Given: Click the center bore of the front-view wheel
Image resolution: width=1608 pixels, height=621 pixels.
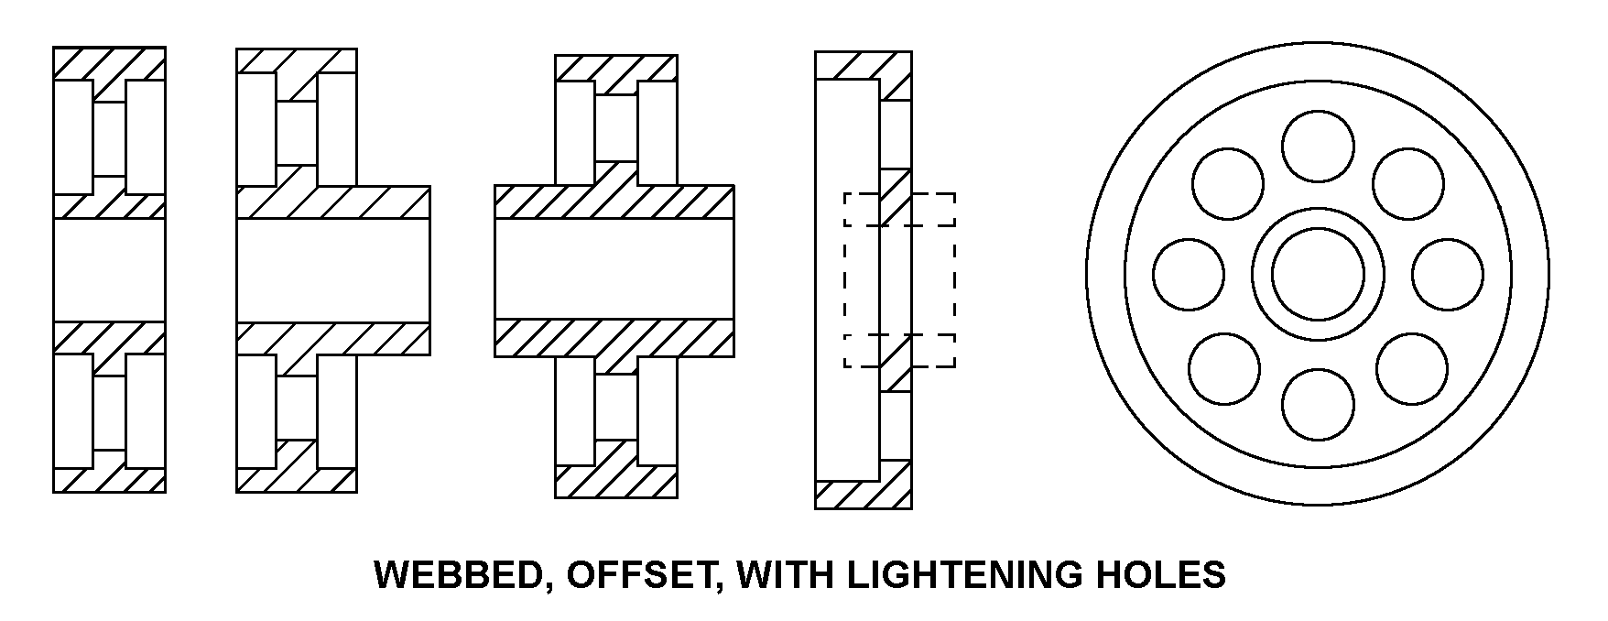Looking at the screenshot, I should [x=1318, y=274].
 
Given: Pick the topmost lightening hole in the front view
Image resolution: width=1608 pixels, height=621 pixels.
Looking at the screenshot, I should [x=1318, y=147].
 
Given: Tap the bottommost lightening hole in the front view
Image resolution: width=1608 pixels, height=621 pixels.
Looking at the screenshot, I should [x=1318, y=404].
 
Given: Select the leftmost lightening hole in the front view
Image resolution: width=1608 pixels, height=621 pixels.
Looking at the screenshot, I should [x=1189, y=274].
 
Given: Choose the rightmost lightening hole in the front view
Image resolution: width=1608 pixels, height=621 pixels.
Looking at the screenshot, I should [x=1448, y=274].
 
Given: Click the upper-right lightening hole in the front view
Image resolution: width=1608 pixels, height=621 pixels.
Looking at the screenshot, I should [x=1411, y=182].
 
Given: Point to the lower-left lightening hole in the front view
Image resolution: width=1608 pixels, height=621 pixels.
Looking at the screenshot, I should [x=1225, y=368].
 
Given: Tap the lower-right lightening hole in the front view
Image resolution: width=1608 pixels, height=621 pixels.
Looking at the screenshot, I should [x=1412, y=368].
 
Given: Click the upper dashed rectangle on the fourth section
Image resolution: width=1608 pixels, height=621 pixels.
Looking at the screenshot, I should [x=899, y=210].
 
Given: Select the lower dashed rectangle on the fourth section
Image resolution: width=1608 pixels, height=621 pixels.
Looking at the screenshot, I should [x=899, y=351].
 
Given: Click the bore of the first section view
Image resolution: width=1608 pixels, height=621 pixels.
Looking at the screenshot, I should [x=109, y=270].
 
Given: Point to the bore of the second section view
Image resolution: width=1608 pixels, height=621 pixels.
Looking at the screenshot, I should [x=333, y=270].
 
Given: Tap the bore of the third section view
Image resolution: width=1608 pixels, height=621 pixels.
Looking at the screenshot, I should [x=614, y=270].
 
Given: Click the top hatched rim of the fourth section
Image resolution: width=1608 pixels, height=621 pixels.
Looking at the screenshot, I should [x=864, y=66].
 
